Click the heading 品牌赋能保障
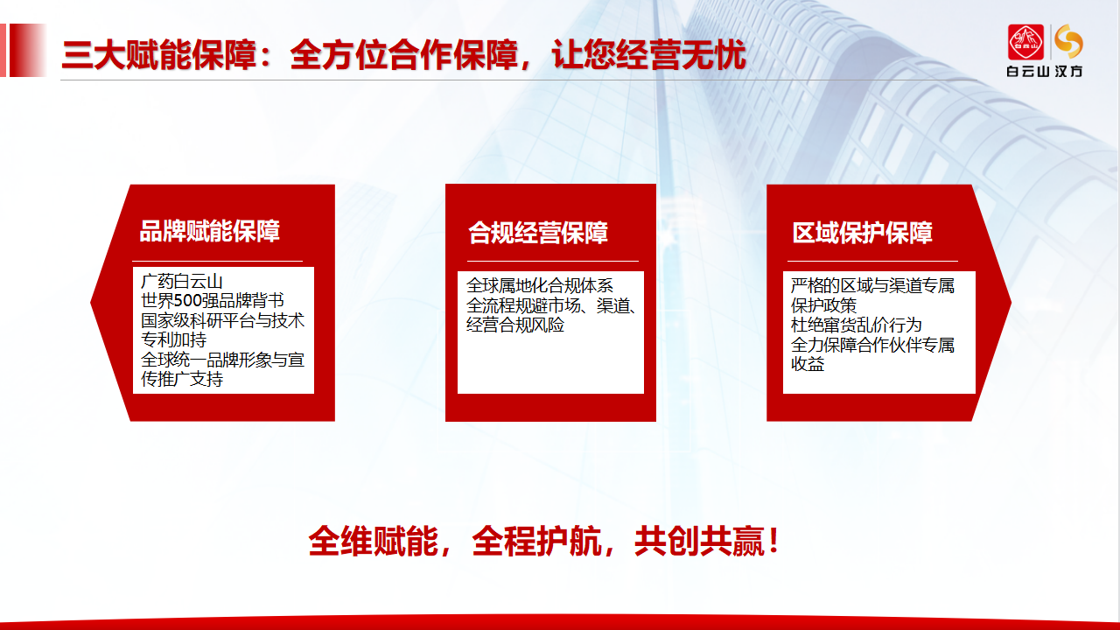(x=209, y=232)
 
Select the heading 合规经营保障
(x=538, y=233)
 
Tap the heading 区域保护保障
(x=863, y=233)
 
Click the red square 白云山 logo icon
(x=1025, y=42)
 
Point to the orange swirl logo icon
(x=1069, y=41)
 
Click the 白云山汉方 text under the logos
(x=1045, y=72)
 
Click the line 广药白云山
(x=181, y=282)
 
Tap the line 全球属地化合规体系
(x=540, y=285)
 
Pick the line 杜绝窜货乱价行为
(x=856, y=325)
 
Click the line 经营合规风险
(x=515, y=325)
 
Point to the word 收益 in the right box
(x=807, y=364)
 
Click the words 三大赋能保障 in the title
(x=159, y=54)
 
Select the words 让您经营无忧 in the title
(x=648, y=54)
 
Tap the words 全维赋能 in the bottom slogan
(x=373, y=541)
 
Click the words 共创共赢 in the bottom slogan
(x=699, y=541)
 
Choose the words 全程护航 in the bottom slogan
(x=536, y=541)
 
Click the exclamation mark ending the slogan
(x=774, y=541)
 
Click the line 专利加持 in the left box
(x=173, y=340)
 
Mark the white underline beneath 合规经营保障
(x=553, y=261)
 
